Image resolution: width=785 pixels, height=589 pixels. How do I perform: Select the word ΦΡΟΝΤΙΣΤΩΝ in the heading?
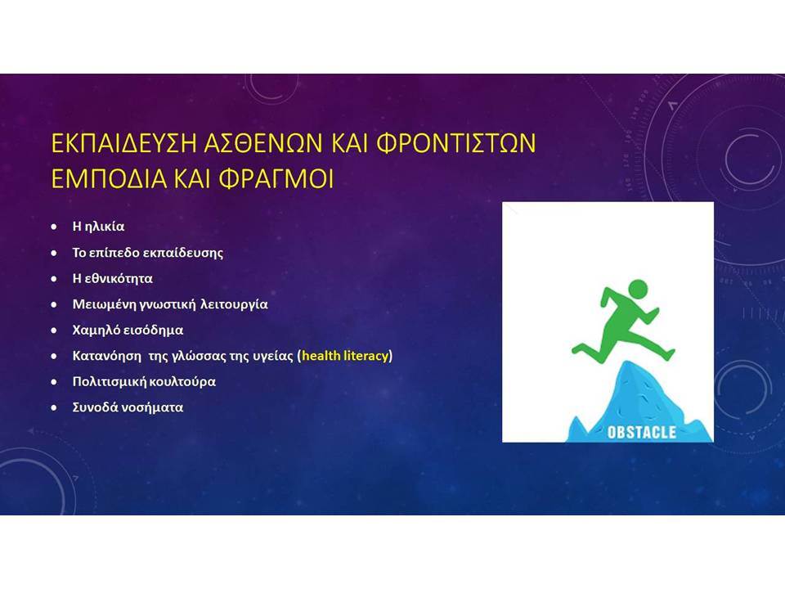455,142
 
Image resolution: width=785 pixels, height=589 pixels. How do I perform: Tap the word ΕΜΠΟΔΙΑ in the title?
109,178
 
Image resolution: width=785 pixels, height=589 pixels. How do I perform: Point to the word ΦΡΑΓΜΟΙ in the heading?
276,178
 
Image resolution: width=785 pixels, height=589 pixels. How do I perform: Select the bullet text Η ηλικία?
99,227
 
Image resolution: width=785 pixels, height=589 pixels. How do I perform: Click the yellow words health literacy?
345,356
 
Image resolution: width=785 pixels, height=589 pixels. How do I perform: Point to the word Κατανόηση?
106,356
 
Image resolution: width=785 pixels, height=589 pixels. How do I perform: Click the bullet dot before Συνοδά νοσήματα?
54,407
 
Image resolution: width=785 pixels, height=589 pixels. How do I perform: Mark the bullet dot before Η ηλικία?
54,227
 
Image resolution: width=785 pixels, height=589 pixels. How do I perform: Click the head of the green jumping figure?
637,290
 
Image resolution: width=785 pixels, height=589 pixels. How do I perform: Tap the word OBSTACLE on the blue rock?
641,432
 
